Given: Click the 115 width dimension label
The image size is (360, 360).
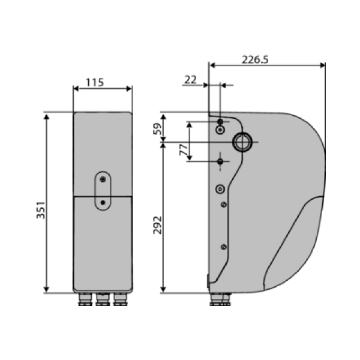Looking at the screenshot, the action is (x=95, y=82).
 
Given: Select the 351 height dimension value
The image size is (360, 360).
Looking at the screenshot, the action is (x=41, y=210).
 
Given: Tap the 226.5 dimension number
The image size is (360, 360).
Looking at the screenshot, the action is (x=255, y=59).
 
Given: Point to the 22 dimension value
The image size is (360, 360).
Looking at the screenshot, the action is (x=191, y=80).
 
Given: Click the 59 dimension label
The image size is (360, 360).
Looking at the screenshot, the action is (x=157, y=129).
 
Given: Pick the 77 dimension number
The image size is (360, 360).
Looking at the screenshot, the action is (x=184, y=149).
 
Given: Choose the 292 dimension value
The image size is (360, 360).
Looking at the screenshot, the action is (x=157, y=225).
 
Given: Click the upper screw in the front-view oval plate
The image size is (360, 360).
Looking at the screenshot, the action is (x=103, y=179).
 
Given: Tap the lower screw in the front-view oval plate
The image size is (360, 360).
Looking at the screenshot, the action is (x=103, y=203).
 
